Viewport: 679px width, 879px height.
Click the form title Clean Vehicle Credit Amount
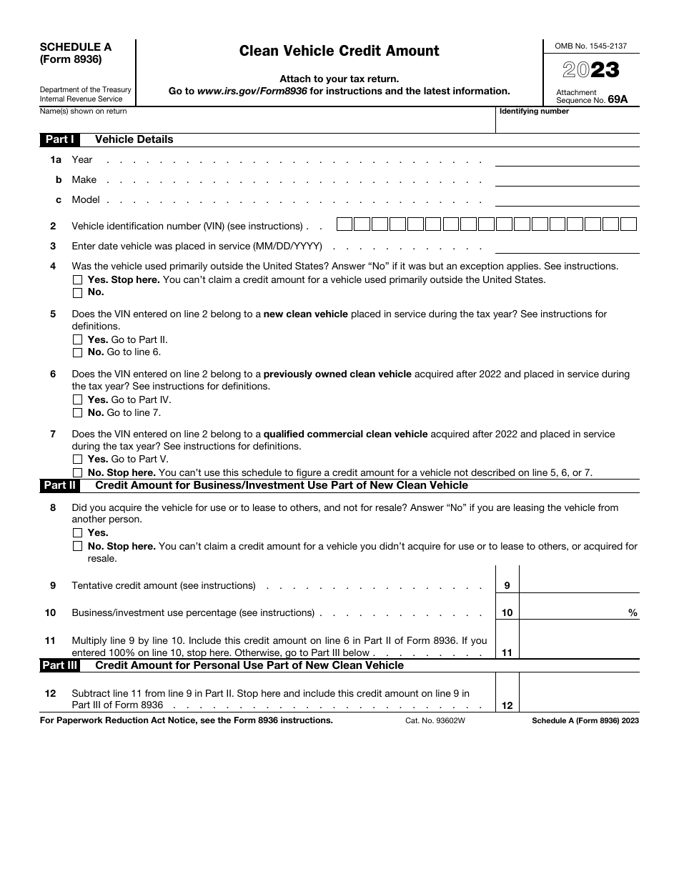click(339, 51)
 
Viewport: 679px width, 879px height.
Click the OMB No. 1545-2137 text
click(591, 46)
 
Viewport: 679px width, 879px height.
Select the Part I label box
click(59, 139)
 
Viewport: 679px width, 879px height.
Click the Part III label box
click(59, 665)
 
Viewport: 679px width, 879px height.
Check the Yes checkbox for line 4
click(78, 280)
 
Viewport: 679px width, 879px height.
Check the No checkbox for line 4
click(78, 292)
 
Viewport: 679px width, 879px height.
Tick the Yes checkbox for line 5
click(78, 340)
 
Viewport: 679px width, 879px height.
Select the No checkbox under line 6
click(78, 413)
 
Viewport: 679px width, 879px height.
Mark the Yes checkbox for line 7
click(78, 460)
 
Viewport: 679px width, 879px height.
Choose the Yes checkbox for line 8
click(78, 533)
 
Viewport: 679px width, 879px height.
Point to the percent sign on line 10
click(633, 613)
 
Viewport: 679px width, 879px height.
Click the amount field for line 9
click(579, 585)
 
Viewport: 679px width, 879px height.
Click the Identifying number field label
click(535, 111)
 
